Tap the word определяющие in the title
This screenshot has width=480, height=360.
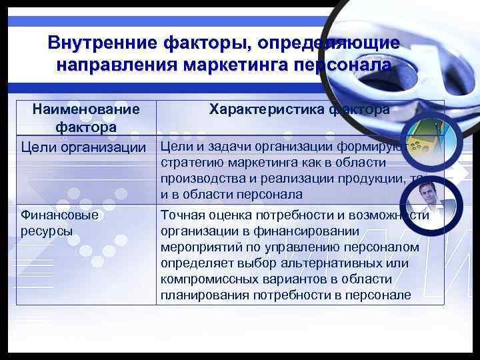click(333, 43)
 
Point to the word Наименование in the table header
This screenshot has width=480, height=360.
click(86, 109)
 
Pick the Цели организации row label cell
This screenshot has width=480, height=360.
click(86, 147)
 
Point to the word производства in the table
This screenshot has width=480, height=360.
click(200, 179)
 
